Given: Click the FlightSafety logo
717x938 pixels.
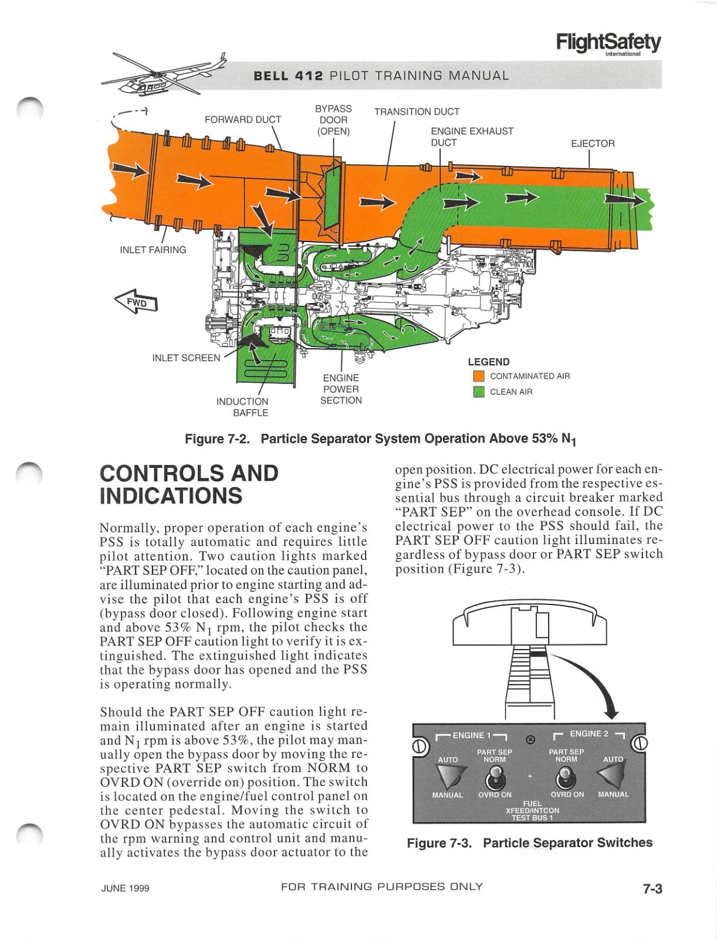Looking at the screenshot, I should pyautogui.click(x=608, y=43).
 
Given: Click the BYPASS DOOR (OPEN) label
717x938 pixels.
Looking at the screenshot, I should pyautogui.click(x=333, y=120).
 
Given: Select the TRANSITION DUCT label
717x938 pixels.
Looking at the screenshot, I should pyautogui.click(x=417, y=111).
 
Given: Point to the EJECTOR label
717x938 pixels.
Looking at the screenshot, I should pyautogui.click(x=593, y=144).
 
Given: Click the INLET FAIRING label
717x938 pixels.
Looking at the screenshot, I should pyautogui.click(x=153, y=250).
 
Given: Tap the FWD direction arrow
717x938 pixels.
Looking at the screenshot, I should pyautogui.click(x=136, y=301).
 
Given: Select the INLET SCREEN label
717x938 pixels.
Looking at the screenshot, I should pyautogui.click(x=186, y=358).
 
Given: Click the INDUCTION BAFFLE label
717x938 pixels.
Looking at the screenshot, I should pyautogui.click(x=242, y=407).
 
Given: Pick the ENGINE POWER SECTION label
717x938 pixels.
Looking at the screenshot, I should pyautogui.click(x=341, y=389).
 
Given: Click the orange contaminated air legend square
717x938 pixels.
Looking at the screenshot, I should pyautogui.click(x=479, y=376).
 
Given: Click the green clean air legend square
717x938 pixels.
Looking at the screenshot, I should pyautogui.click(x=479, y=392).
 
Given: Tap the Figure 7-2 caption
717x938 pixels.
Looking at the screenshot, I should pyautogui.click(x=380, y=439).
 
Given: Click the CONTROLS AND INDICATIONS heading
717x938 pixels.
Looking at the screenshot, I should pyautogui.click(x=189, y=484).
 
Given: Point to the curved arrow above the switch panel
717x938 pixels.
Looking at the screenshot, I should pyautogui.click(x=593, y=680).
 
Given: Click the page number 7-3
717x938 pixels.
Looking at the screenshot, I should pyautogui.click(x=652, y=889).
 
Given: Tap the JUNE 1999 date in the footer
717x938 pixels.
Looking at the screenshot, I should pyautogui.click(x=125, y=888).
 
